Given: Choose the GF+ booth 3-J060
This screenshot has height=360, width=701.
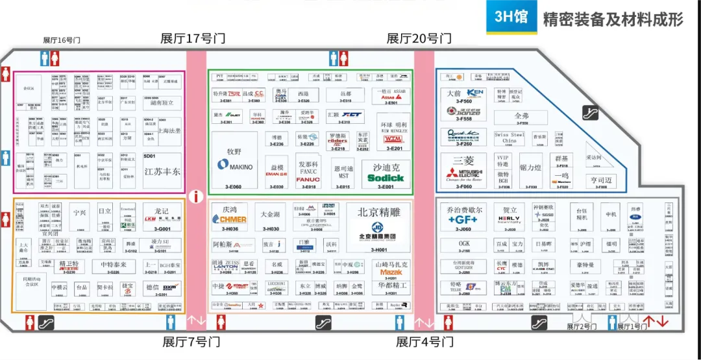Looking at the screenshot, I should point(463,217).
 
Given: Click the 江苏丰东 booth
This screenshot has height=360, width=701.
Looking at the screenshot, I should point(162,170).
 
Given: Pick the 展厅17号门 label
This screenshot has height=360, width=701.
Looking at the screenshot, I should point(193,38).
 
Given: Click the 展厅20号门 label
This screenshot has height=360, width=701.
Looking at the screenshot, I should point(419,38).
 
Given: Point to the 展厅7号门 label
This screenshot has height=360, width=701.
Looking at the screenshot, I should point(191,341).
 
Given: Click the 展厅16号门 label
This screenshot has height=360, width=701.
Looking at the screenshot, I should point(62,40).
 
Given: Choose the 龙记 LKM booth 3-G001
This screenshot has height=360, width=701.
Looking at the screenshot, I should point(162,218).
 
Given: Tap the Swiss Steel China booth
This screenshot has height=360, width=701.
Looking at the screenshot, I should point(510,138).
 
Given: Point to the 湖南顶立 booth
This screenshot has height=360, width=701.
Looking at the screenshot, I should point(162,102).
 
